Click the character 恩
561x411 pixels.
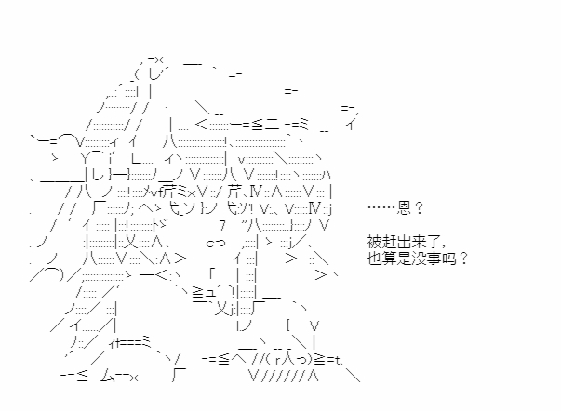[x=404, y=207]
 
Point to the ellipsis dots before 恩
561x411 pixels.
[x=381, y=207]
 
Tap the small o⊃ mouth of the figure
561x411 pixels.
[x=216, y=244]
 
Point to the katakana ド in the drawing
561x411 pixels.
[x=160, y=226]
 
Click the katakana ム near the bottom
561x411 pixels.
[x=108, y=376]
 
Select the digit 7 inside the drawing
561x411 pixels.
[x=223, y=225]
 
